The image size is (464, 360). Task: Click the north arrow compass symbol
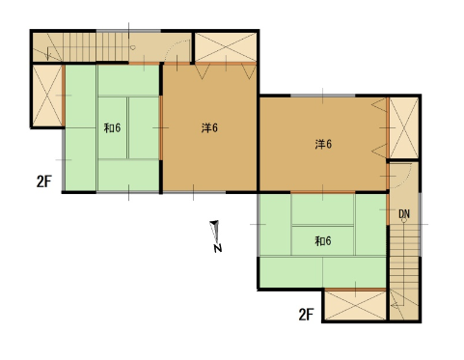tap(215, 231)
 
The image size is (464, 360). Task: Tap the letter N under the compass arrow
tap(218, 248)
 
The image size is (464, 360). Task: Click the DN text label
tap(404, 214)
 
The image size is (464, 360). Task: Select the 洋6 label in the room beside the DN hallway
tap(323, 144)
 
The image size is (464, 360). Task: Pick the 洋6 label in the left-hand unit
tap(209, 128)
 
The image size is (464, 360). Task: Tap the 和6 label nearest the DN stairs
tap(323, 240)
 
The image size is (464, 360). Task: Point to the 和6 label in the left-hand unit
tap(112, 128)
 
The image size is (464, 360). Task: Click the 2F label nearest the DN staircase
tap(306, 315)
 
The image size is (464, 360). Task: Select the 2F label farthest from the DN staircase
tap(44, 181)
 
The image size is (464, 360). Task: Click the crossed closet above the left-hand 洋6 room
tap(226, 47)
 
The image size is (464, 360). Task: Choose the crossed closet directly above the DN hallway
tap(404, 127)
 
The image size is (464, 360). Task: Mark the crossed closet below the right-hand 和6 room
tap(355, 306)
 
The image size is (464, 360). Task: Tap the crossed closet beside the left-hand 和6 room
tap(47, 96)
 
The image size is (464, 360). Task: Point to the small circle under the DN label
tap(404, 220)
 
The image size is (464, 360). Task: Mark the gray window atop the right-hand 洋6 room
tap(323, 96)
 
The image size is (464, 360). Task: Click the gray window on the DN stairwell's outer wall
tap(421, 224)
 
